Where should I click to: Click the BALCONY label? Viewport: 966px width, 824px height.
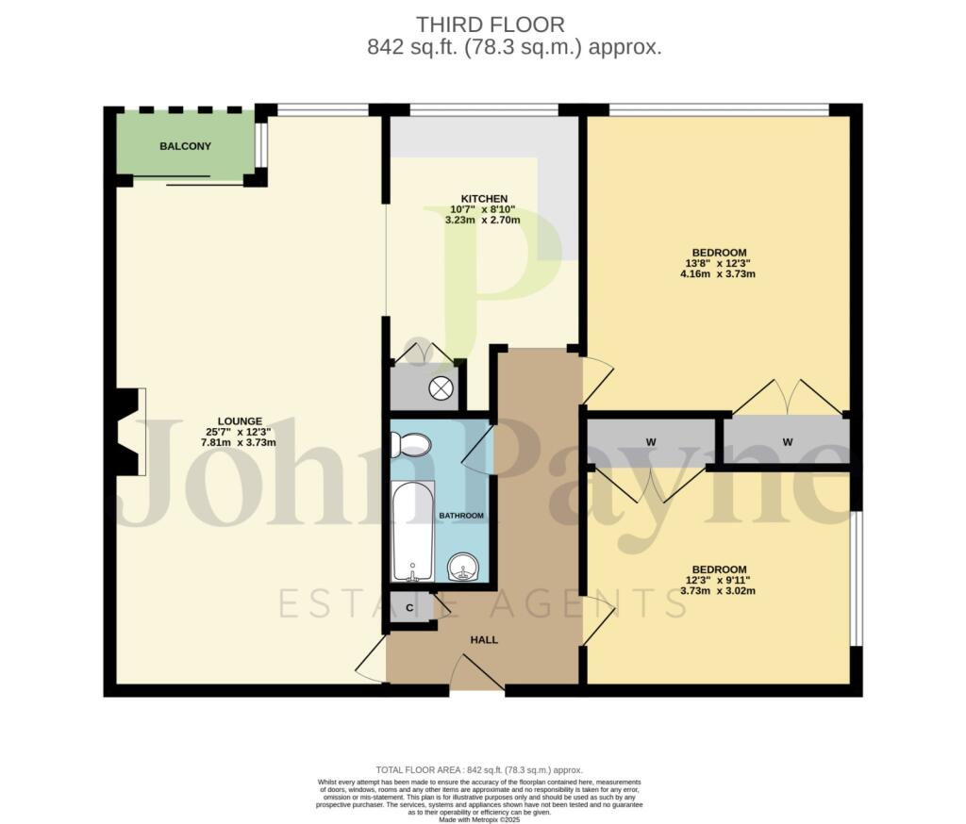pyautogui.click(x=185, y=146)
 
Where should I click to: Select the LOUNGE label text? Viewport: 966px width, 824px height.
pyautogui.click(x=240, y=420)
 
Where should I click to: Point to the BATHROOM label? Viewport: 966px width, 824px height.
pyautogui.click(x=461, y=516)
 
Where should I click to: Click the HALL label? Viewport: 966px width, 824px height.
pyautogui.click(x=484, y=640)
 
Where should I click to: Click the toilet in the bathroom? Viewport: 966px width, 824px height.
pyautogui.click(x=412, y=444)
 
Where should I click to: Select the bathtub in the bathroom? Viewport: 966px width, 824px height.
pyautogui.click(x=413, y=531)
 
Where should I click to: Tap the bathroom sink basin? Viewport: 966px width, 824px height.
pyautogui.click(x=464, y=568)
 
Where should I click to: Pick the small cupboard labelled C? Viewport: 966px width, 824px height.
pyautogui.click(x=409, y=608)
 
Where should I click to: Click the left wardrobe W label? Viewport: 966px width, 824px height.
pyautogui.click(x=651, y=442)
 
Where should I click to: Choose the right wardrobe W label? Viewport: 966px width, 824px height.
pyautogui.click(x=787, y=442)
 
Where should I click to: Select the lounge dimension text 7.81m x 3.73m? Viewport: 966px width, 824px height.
pyautogui.click(x=240, y=442)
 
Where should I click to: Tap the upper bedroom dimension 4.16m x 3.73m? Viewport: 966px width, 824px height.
pyautogui.click(x=719, y=274)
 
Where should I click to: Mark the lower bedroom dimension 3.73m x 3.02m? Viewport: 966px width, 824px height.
pyautogui.click(x=719, y=591)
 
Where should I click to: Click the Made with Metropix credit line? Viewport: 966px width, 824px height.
pyautogui.click(x=481, y=818)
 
